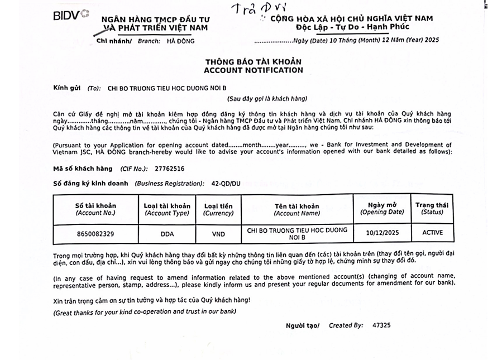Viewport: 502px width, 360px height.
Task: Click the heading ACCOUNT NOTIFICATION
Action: (x=253, y=70)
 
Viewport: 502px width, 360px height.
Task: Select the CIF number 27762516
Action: (x=169, y=168)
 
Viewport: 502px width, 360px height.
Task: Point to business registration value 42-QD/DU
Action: (x=227, y=183)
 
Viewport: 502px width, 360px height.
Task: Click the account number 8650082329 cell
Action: (x=95, y=233)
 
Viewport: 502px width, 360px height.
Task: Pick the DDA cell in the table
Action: (x=167, y=233)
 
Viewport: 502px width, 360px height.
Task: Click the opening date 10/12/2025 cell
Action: (x=382, y=233)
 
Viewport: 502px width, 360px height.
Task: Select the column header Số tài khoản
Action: (x=95, y=209)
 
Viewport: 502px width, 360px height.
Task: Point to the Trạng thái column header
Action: (x=432, y=208)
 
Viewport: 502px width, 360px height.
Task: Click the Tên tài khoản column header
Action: (x=297, y=209)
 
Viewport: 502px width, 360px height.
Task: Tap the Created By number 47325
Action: (x=381, y=325)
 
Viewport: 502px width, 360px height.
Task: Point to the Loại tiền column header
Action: (x=218, y=209)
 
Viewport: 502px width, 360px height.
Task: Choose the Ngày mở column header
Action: (x=382, y=208)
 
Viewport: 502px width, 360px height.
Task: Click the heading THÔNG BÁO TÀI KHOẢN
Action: (x=253, y=61)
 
